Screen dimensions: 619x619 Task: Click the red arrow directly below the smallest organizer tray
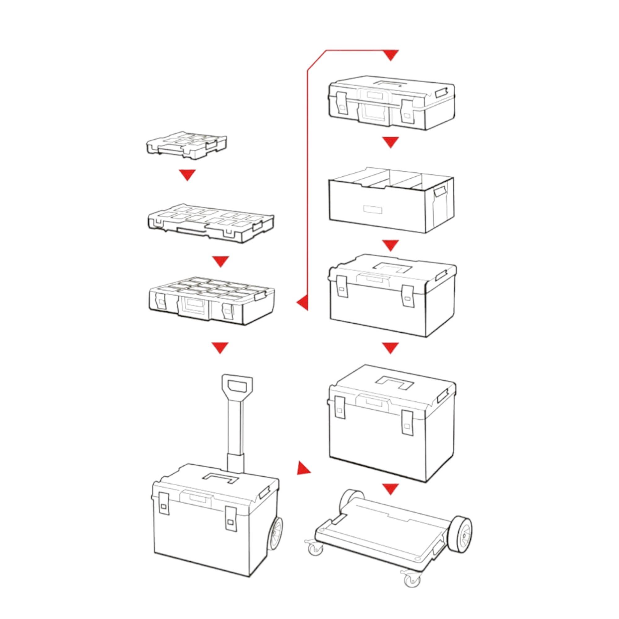point(187,175)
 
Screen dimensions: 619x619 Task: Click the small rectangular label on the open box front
point(372,209)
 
